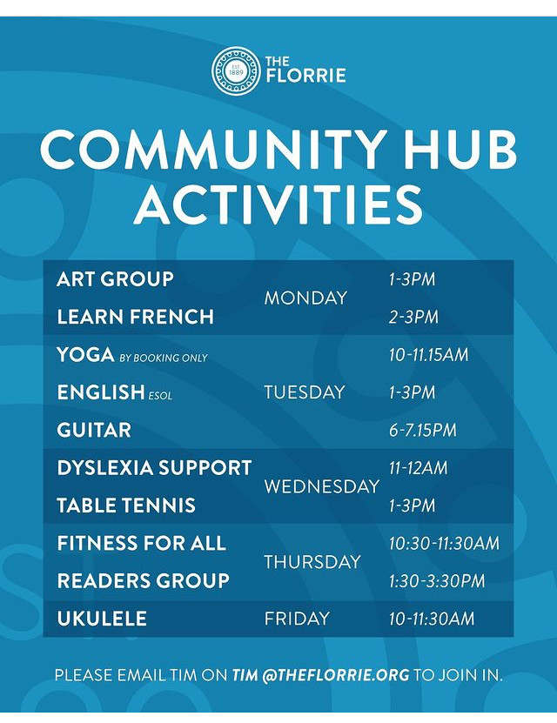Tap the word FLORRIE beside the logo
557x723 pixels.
pos(305,76)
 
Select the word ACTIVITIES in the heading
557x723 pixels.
pos(278,204)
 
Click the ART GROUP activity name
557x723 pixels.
pos(115,279)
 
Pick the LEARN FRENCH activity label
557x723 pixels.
pos(136,317)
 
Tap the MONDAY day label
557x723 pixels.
pos(305,298)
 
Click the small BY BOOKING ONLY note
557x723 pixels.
pos(164,358)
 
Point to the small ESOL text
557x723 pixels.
pos(160,396)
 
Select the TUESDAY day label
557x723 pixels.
pos(305,392)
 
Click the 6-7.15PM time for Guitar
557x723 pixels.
pos(423,430)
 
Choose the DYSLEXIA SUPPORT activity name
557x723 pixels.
pos(154,467)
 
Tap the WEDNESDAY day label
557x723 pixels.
pos(322,486)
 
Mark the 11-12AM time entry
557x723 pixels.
pos(419,468)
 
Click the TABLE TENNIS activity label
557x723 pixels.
pos(126,505)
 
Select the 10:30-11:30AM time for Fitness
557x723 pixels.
pos(444,543)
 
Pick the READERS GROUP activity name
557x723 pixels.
pos(144,581)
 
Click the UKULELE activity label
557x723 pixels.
pos(102,619)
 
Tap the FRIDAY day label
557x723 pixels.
pos(297,619)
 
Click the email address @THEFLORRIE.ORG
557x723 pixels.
pos(336,675)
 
